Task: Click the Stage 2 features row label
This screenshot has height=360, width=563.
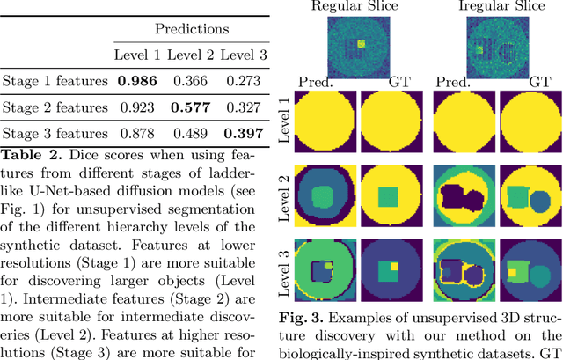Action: (x=55, y=108)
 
